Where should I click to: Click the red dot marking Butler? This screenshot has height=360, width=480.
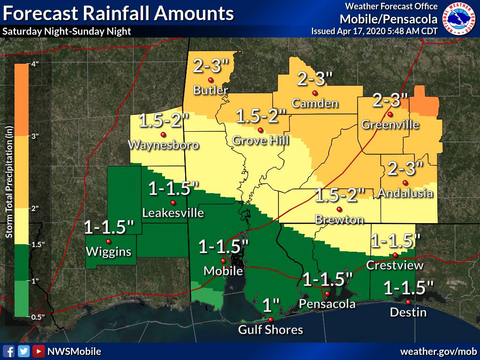click(x=211, y=80)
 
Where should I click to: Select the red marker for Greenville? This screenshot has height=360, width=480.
click(x=390, y=114)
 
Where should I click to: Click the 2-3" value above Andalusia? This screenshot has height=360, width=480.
click(x=405, y=167)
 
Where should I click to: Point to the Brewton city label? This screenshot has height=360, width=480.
click(x=339, y=219)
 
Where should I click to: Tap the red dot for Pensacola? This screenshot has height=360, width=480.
click(x=327, y=293)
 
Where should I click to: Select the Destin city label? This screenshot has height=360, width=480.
click(x=408, y=312)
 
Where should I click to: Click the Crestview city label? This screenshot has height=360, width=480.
click(x=395, y=265)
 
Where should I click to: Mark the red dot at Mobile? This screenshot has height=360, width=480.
click(x=223, y=261)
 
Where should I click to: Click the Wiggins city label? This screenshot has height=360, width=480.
click(x=108, y=252)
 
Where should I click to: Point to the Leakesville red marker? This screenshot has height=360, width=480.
click(x=173, y=202)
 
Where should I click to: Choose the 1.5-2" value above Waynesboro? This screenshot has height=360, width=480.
click(x=164, y=122)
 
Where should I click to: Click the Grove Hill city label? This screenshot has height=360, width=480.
click(x=261, y=140)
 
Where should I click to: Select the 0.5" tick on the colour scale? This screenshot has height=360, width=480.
click(x=37, y=317)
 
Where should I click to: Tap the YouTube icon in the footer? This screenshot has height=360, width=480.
click(x=38, y=351)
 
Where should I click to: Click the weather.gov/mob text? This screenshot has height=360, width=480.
click(x=438, y=351)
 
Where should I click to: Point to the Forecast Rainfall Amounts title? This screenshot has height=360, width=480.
click(x=118, y=14)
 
